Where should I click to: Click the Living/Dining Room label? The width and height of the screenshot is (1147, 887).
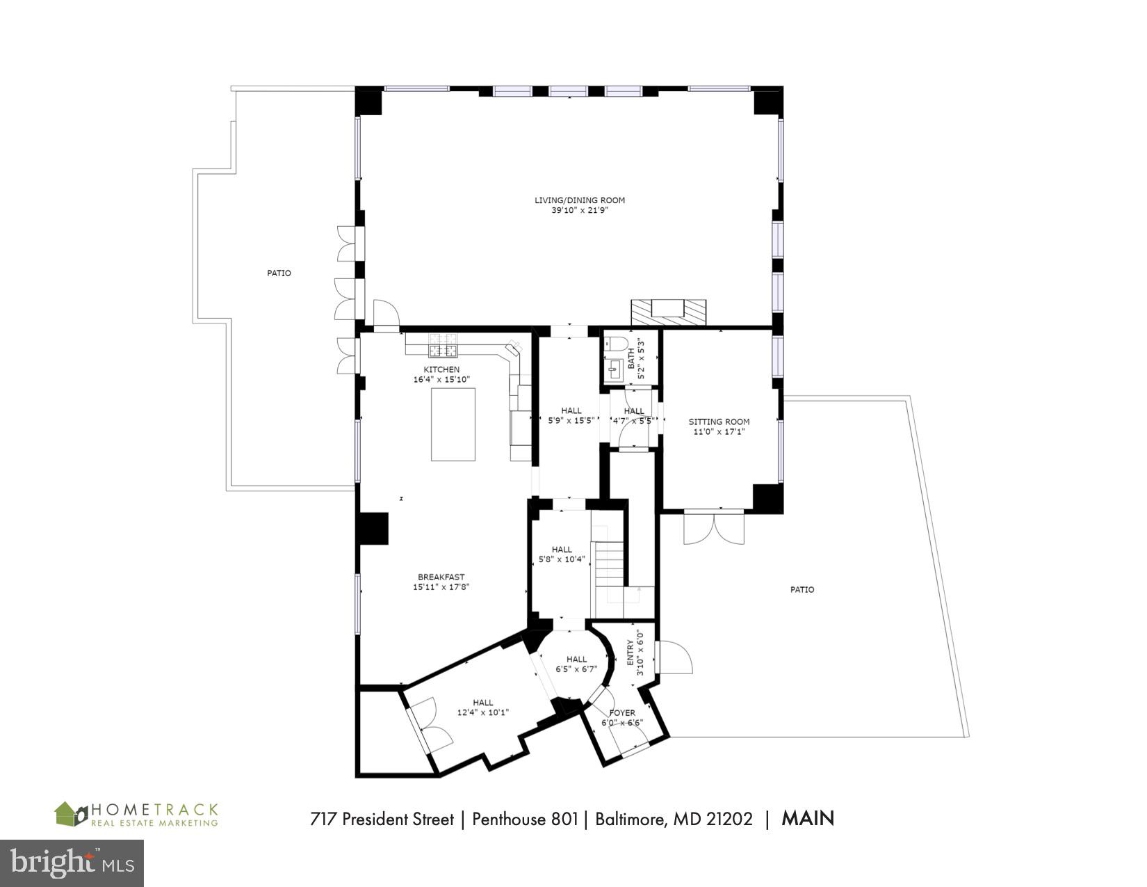(x=579, y=200)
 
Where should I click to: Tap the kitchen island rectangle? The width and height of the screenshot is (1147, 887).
(x=453, y=424)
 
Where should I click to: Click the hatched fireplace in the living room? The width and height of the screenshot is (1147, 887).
(x=668, y=312)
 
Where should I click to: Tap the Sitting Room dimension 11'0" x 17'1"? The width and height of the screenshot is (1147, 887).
(x=719, y=432)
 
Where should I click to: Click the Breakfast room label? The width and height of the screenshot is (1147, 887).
(x=441, y=577)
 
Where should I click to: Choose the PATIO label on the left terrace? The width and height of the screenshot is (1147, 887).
(x=279, y=273)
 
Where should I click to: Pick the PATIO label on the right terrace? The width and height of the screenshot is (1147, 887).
(x=802, y=589)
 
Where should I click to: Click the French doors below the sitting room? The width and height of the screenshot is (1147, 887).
(x=713, y=527)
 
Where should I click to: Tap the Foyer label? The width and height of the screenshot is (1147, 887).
(x=622, y=713)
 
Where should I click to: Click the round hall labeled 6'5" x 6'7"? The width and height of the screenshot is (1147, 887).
(x=576, y=664)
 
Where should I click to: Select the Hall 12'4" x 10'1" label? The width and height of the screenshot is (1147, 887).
(x=483, y=708)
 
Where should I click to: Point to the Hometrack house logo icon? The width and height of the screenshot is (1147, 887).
(x=70, y=814)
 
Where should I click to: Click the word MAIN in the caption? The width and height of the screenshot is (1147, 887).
(x=808, y=818)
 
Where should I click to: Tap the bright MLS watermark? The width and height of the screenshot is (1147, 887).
(x=72, y=863)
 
